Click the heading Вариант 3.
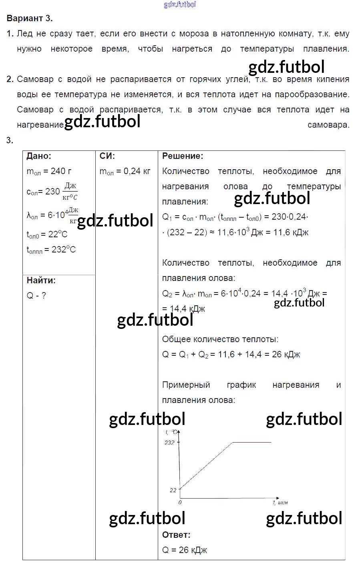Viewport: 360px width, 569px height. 30,18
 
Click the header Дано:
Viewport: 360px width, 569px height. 39,156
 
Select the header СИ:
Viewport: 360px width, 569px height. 107,156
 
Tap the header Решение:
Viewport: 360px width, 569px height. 183,156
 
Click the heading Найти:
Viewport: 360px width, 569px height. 41,280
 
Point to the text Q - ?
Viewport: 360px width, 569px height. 36,296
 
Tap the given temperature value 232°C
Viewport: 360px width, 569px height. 64,250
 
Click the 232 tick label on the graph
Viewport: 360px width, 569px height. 169,443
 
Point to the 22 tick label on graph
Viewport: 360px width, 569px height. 173,490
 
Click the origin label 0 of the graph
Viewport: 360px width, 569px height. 180,502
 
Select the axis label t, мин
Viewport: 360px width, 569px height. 280,502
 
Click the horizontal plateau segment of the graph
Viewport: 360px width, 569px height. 252,442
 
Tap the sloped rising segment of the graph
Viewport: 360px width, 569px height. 206,465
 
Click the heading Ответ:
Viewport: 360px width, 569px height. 176,535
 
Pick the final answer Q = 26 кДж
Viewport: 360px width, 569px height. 185,550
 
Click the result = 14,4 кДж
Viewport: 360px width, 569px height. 184,309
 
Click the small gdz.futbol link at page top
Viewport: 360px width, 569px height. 180,5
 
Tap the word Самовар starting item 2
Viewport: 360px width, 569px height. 35,79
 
